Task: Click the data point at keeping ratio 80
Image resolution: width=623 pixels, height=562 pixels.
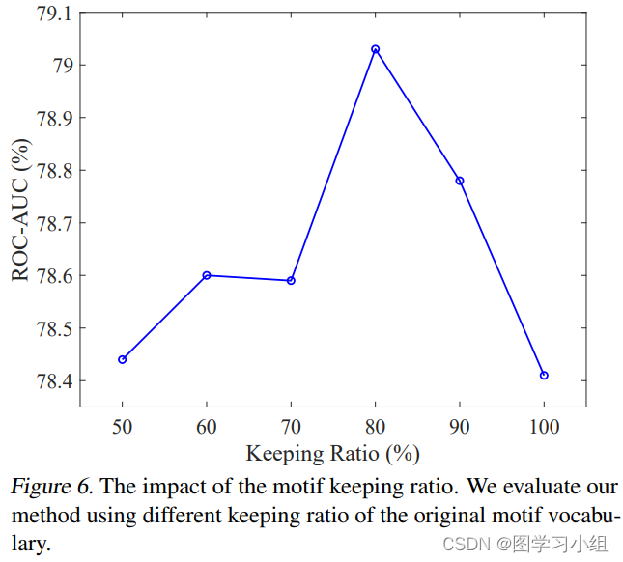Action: click(x=375, y=49)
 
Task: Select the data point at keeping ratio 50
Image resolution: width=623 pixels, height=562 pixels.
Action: click(x=122, y=359)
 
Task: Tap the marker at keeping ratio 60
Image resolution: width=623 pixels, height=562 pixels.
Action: click(x=207, y=275)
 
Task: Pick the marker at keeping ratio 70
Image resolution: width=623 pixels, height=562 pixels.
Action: click(x=291, y=280)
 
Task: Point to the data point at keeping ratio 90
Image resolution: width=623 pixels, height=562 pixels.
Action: click(x=460, y=181)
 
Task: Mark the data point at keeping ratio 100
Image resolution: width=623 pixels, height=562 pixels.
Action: click(x=544, y=375)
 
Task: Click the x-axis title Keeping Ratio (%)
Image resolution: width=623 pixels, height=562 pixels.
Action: click(x=332, y=453)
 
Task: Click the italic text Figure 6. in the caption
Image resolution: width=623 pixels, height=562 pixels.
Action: click(x=51, y=487)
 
